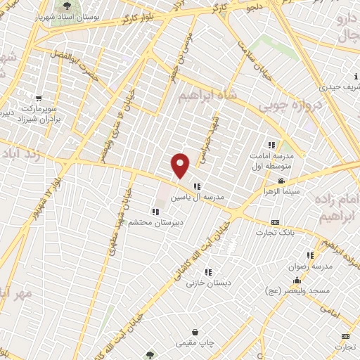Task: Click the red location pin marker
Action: point(181,165)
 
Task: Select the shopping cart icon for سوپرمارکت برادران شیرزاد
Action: point(39,98)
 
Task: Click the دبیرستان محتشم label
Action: point(157,222)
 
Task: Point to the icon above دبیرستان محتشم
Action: point(155,211)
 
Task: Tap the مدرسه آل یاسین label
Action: point(198,198)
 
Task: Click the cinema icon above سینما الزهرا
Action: point(281,181)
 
